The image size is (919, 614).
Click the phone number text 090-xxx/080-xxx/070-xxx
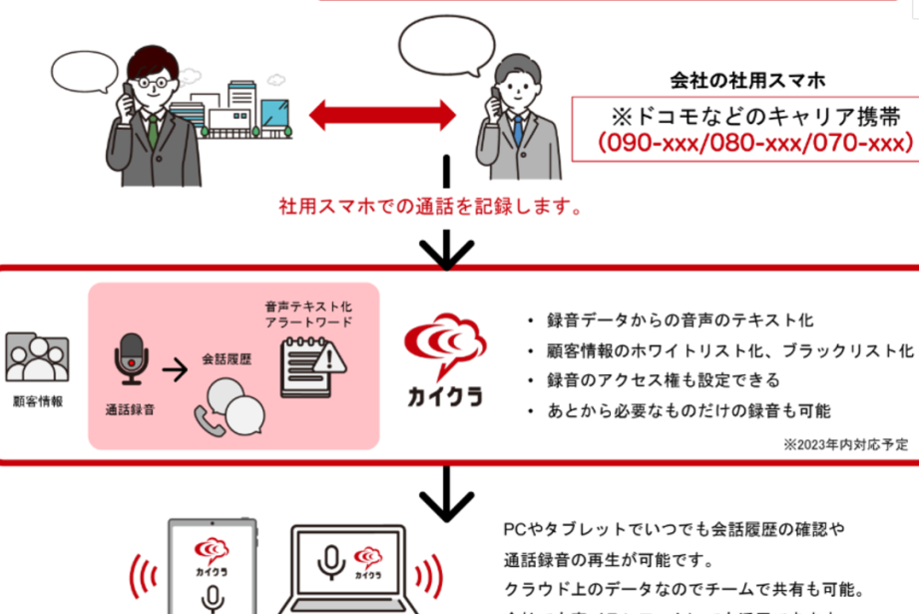(755, 142)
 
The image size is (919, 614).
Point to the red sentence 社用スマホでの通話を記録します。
(430, 210)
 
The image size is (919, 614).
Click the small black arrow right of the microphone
(175, 371)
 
